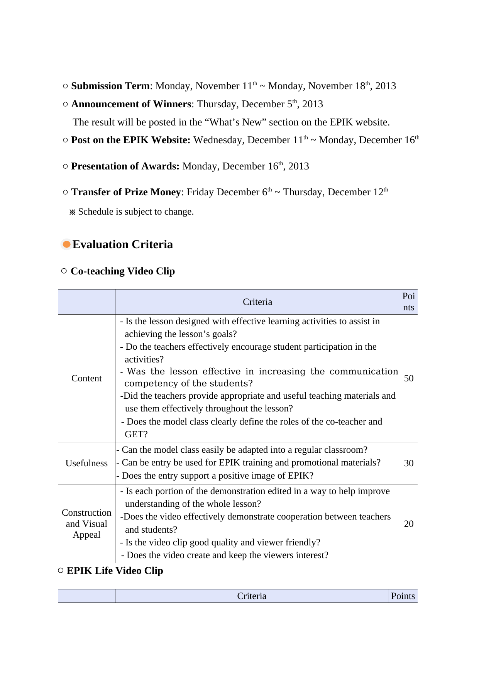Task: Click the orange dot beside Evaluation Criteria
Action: tap(67, 244)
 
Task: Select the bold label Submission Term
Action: tap(110, 86)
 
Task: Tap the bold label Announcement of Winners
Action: tap(131, 104)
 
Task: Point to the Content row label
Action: tap(86, 378)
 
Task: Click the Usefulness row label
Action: tap(86, 463)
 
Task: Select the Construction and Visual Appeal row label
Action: tap(86, 524)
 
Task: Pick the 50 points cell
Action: tap(409, 378)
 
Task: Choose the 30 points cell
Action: tap(409, 463)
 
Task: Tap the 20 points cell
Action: tap(409, 524)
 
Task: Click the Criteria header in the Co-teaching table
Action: tap(257, 302)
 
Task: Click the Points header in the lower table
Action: tap(403, 596)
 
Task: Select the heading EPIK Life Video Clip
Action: tap(115, 571)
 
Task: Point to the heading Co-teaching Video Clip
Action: tap(123, 271)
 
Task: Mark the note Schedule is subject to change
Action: tap(135, 212)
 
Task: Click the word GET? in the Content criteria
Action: tap(136, 434)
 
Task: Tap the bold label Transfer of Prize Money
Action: tap(126, 192)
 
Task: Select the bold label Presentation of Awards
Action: tap(125, 166)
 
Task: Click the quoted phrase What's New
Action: tap(235, 122)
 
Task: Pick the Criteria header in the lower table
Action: tap(252, 596)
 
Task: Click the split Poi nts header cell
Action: tap(409, 302)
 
